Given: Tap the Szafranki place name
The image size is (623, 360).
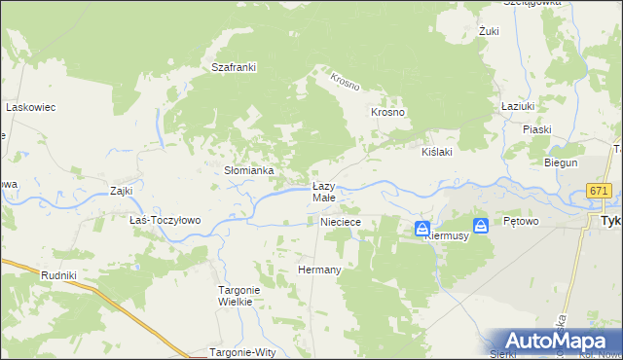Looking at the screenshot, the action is click(x=234, y=67).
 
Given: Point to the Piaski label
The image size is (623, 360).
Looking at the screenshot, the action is click(x=536, y=129).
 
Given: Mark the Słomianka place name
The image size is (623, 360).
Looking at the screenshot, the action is click(x=249, y=170).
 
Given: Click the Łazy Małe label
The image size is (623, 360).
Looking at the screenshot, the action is click(x=323, y=192).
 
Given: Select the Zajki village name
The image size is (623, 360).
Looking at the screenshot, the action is click(x=122, y=191).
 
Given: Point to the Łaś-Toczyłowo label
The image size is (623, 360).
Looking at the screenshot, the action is click(x=165, y=220).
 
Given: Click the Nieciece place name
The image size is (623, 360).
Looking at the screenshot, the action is click(x=341, y=223).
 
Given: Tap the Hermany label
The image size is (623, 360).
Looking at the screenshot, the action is click(x=319, y=270).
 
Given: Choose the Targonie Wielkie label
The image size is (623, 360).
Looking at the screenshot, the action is click(x=234, y=295).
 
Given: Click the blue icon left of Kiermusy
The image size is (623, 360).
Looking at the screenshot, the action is click(x=421, y=230).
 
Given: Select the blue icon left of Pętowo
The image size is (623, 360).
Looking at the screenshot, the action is click(x=480, y=224).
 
